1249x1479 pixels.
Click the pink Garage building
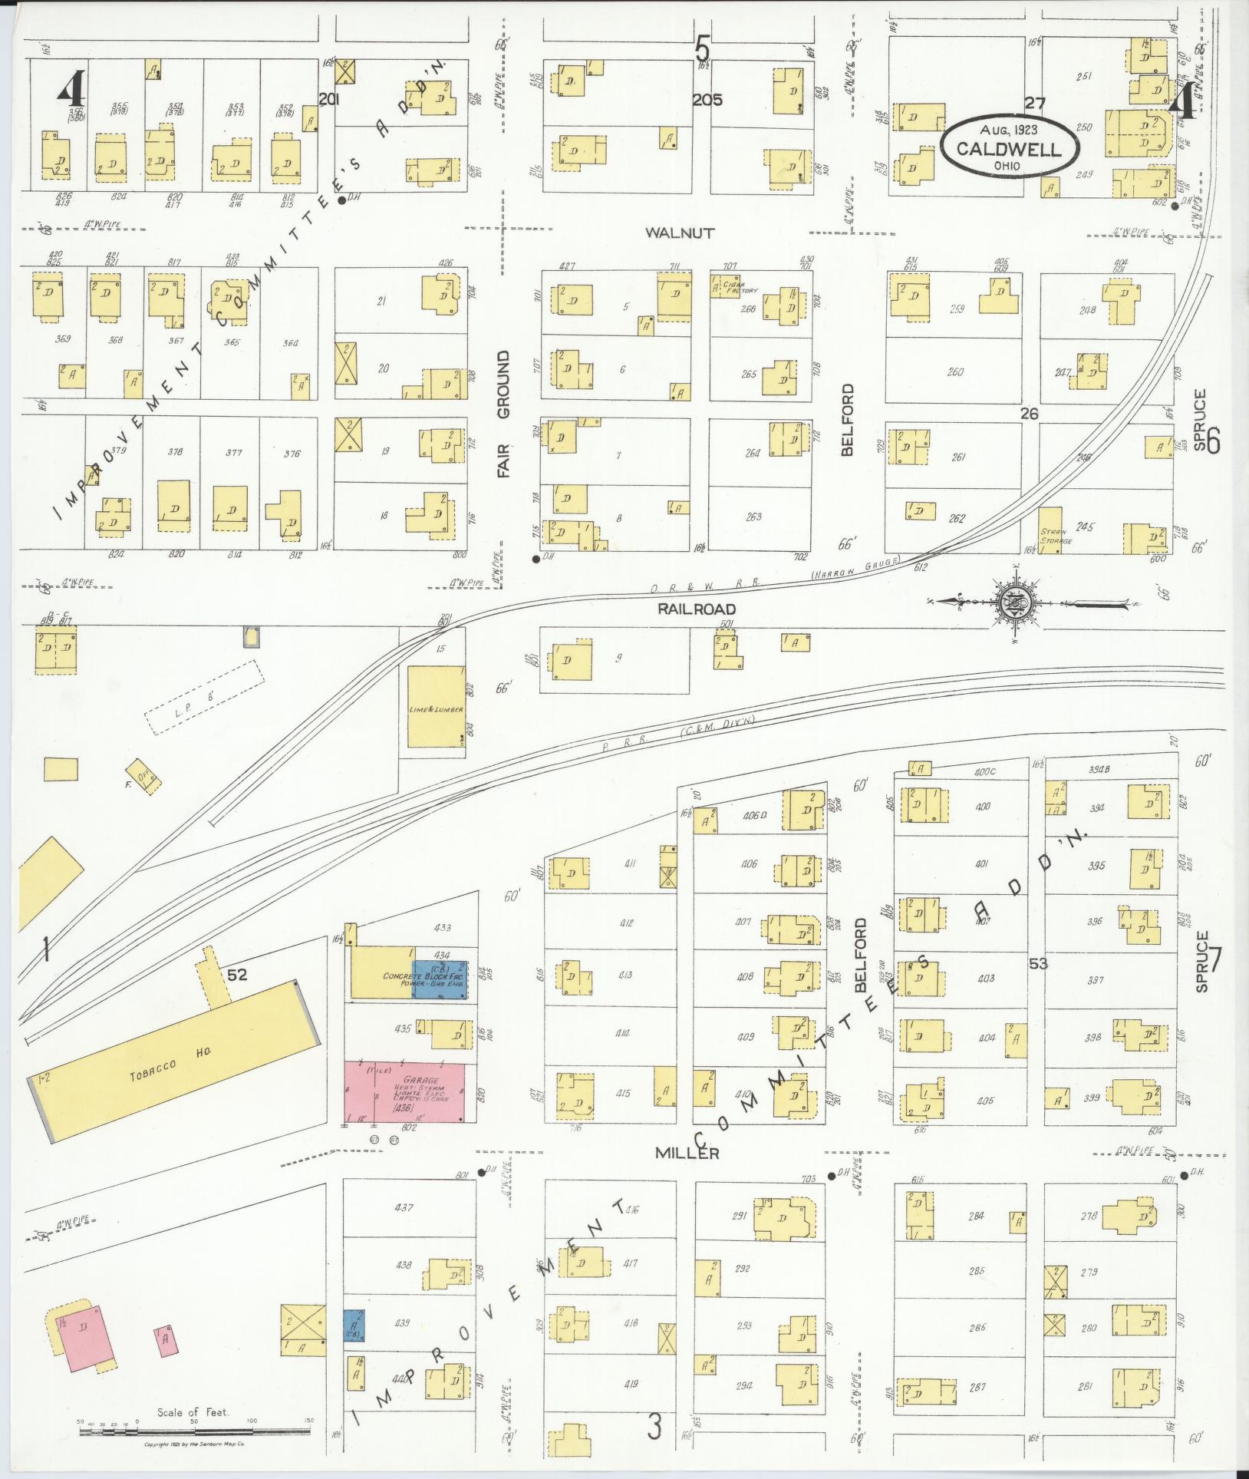[x=404, y=1093]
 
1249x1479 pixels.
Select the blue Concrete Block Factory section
[x=441, y=979]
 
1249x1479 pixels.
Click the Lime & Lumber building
[x=436, y=706]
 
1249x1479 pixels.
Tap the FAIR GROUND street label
[x=503, y=414]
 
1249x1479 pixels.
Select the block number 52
[x=237, y=974]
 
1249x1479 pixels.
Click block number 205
[x=707, y=100]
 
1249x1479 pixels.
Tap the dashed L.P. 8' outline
[x=204, y=698]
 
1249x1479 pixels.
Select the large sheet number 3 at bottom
[x=654, y=1427]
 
